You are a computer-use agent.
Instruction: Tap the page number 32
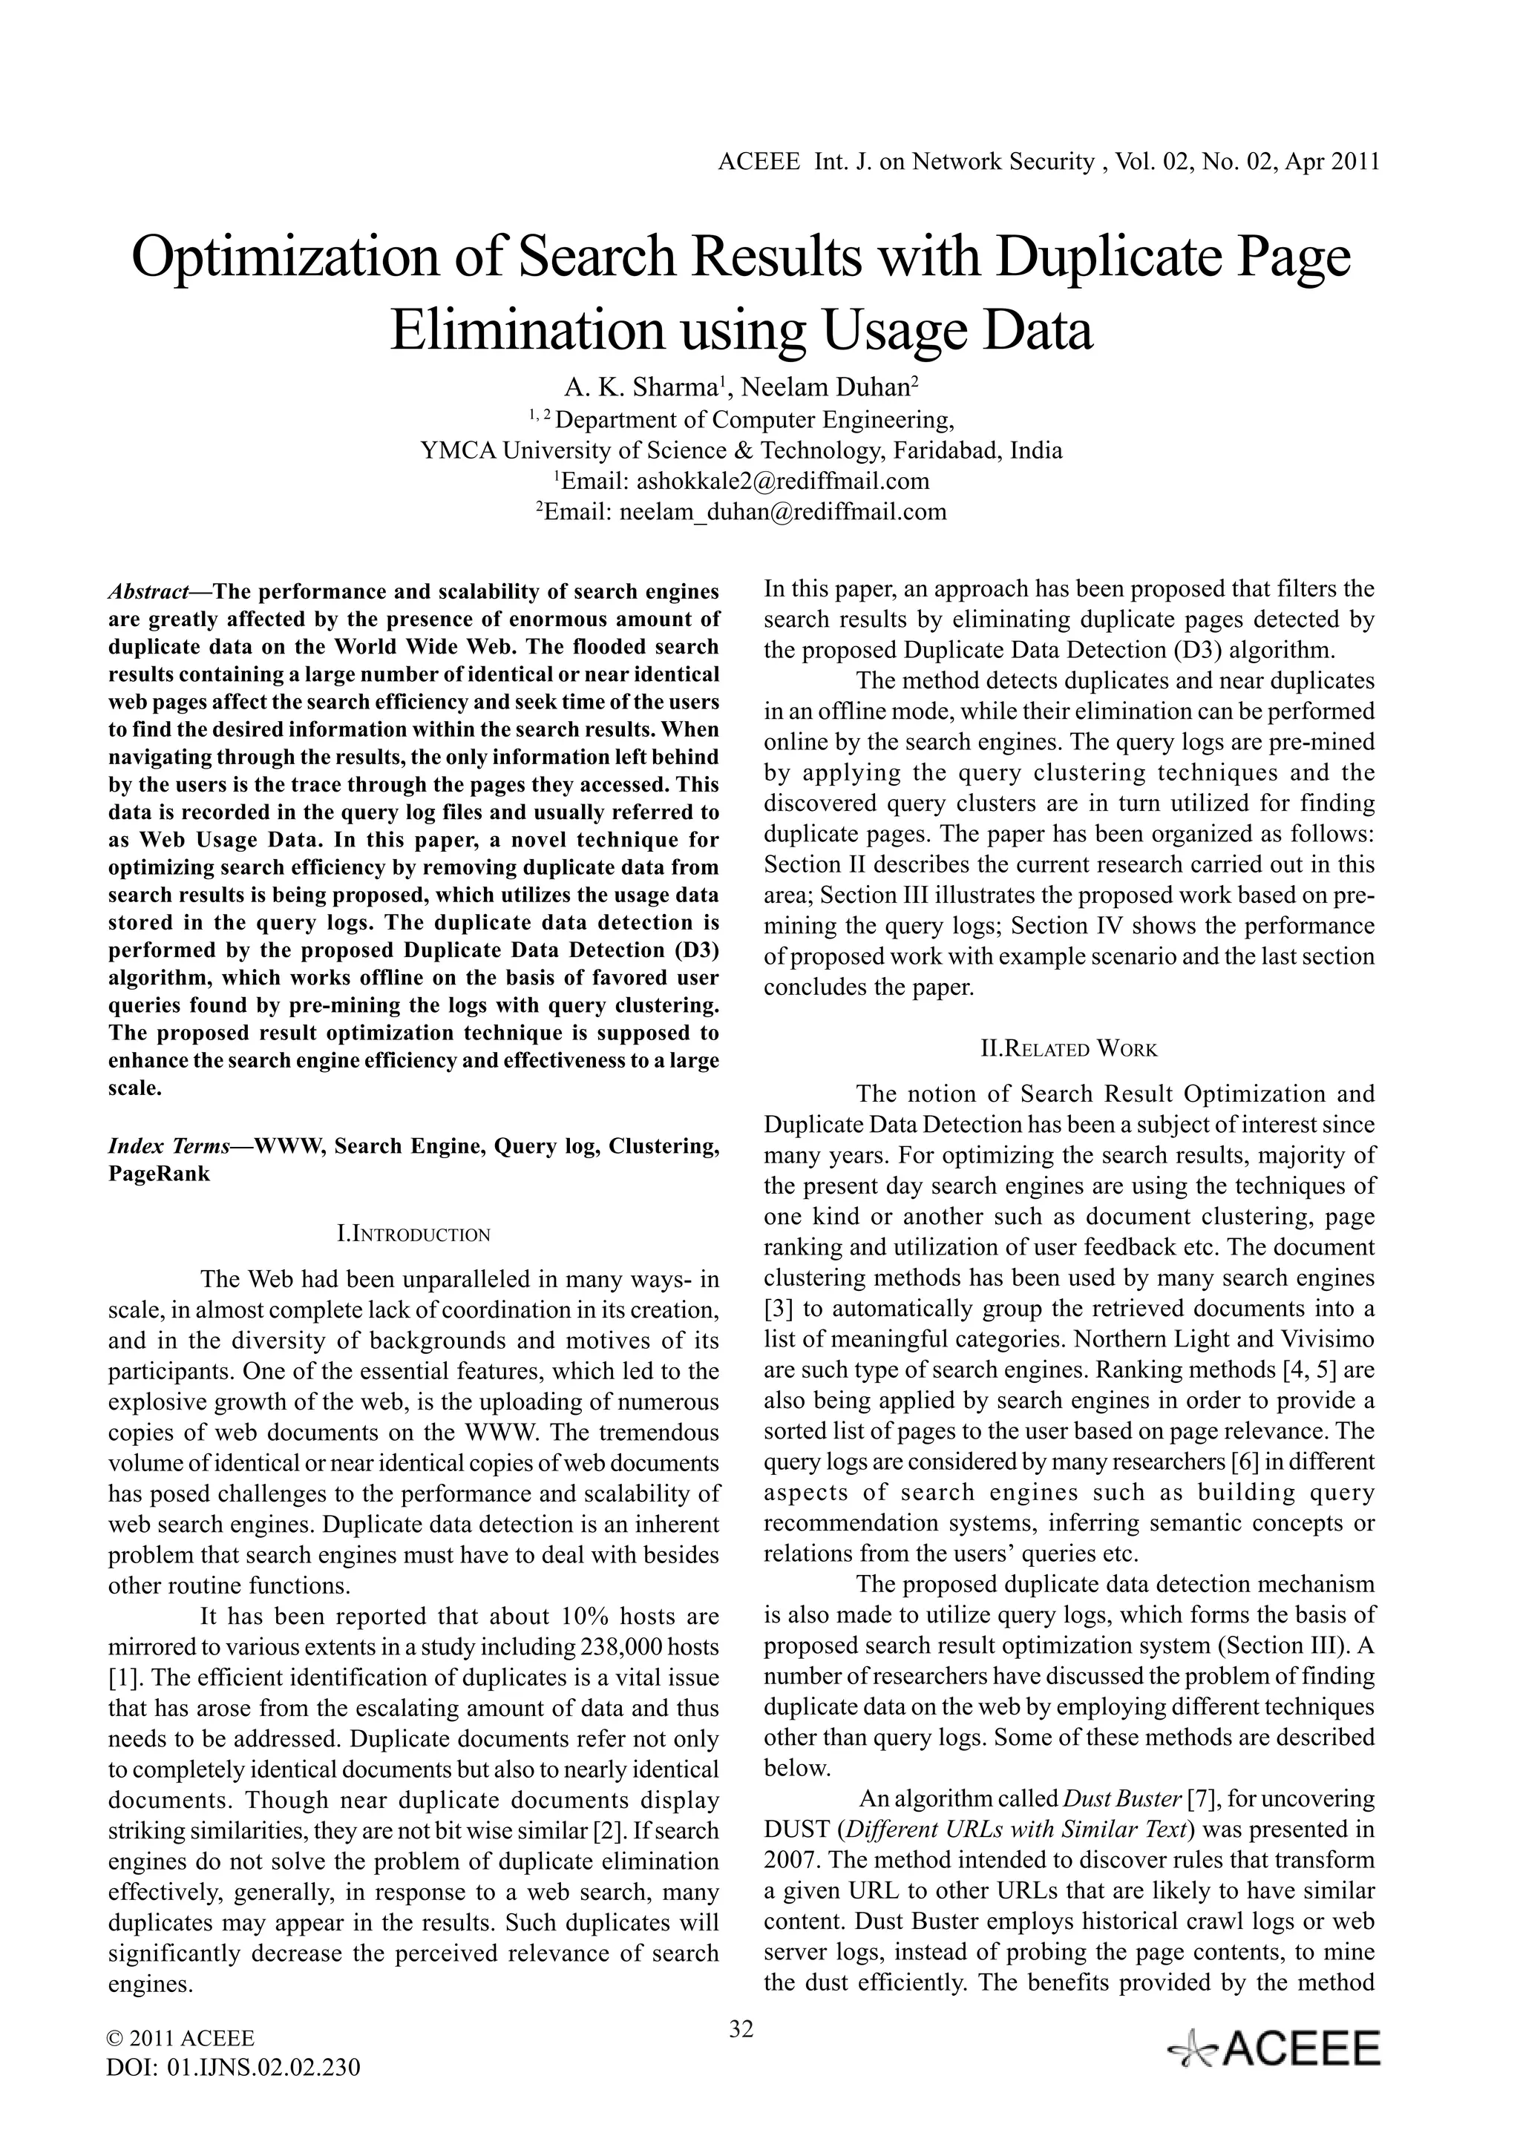[741, 2029]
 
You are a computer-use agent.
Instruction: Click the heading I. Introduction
[413, 1235]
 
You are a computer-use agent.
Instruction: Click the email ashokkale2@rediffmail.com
[783, 481]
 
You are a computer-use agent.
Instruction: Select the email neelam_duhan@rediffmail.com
[783, 512]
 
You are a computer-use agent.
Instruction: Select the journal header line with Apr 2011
[1048, 162]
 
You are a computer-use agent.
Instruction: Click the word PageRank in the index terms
[160, 1174]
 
